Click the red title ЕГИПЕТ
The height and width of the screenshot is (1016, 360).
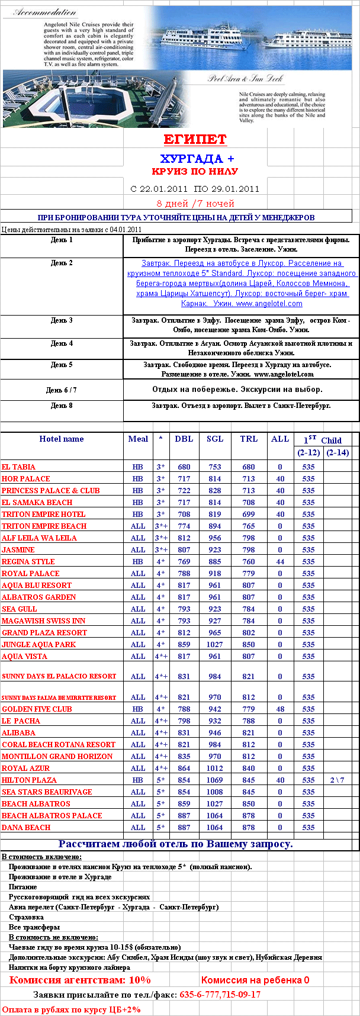point(195,140)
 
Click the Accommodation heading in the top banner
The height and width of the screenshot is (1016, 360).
point(44,12)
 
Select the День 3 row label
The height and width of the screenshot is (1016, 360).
point(62,320)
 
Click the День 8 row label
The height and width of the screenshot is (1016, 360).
point(62,406)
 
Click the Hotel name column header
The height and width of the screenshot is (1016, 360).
point(62,439)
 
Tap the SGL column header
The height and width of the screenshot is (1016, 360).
point(215,439)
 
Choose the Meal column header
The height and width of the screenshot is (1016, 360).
point(138,439)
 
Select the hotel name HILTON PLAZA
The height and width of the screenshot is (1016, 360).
point(29,780)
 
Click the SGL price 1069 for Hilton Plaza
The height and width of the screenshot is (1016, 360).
point(215,780)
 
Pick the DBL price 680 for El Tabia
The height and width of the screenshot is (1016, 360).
point(184,467)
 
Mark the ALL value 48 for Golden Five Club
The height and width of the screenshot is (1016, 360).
point(280,709)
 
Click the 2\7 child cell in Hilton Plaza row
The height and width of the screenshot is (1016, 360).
point(337,780)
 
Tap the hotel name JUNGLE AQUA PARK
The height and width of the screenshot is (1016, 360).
point(38,645)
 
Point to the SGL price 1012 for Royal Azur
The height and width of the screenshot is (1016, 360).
point(215,769)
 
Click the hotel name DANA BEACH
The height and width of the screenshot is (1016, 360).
point(26,828)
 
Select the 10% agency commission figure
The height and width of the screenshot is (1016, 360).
point(140,980)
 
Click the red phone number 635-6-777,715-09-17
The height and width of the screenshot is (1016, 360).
point(220,995)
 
